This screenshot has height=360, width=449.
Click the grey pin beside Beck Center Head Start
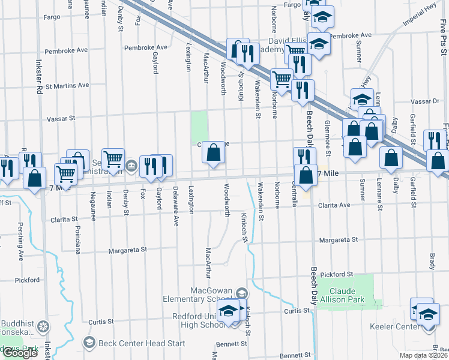[89, 343]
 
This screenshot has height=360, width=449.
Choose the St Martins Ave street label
[71, 86]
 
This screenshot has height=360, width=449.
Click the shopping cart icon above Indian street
[113, 159]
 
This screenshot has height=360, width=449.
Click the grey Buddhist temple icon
[43, 327]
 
